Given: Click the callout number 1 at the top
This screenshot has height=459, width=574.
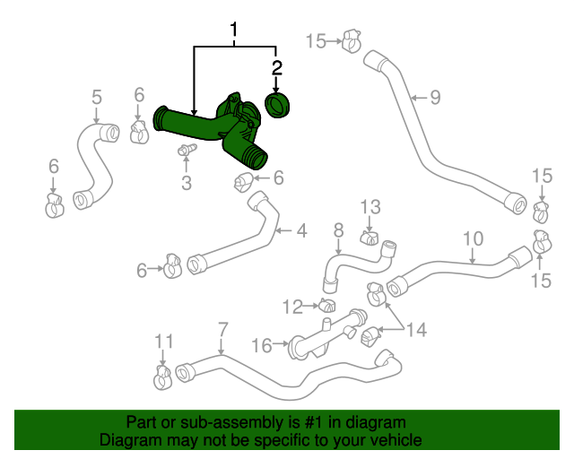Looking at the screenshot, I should pos(235,33).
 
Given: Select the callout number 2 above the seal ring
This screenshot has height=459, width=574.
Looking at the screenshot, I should pos(277,67).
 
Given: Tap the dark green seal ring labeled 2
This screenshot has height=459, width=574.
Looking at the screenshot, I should pos(279,106).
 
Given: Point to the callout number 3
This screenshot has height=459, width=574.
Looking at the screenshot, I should pos(187,184).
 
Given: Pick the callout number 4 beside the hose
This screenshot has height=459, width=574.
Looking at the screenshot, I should pos(301,231).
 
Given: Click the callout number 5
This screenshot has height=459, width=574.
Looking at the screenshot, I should pos(97,97).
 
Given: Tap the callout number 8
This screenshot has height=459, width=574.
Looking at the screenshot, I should pos(339,230).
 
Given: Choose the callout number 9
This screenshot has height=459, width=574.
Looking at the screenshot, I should pos(435,97).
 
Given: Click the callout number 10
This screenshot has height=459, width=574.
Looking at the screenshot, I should pos(473,238).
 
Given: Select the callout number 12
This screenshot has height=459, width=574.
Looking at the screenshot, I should pos(292,307).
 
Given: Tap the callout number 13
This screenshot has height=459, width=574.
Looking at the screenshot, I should pos(371,208).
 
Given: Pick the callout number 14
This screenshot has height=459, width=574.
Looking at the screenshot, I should pos(415,330).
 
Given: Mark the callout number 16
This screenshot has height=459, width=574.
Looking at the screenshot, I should pos(261,345).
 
